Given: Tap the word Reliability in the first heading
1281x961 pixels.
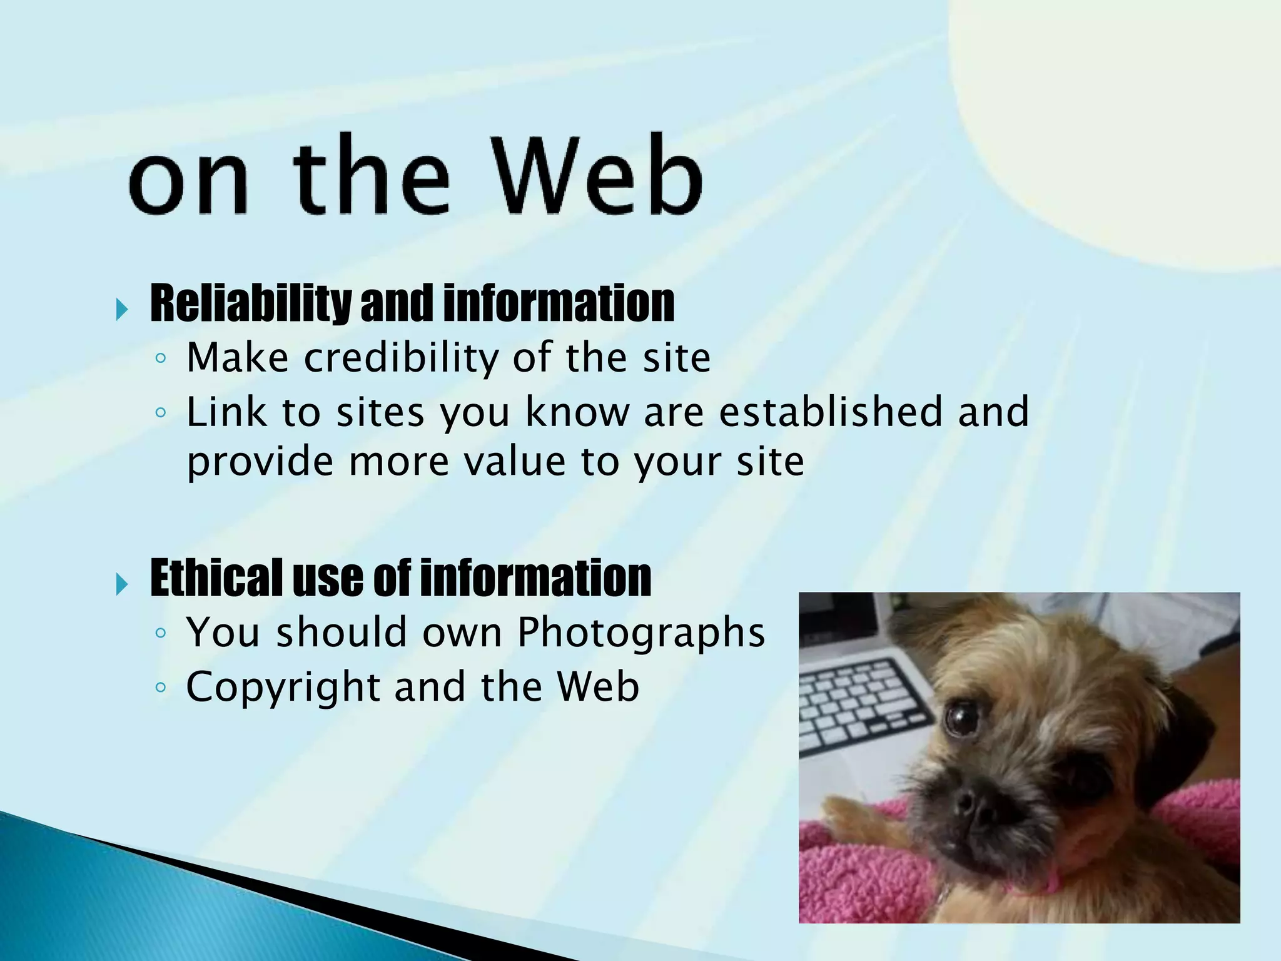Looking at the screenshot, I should [251, 304].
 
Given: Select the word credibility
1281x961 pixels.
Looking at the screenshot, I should [402, 358].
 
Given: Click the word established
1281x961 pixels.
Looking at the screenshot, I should [831, 412].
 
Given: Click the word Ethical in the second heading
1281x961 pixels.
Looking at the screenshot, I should [216, 578].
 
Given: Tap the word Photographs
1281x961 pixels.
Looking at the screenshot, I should [640, 632].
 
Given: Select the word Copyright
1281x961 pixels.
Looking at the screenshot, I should [283, 687].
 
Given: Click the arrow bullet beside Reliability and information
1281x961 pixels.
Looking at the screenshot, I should [122, 309].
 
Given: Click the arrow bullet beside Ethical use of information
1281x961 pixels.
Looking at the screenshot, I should [122, 584].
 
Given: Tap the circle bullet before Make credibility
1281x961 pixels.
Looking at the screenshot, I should [161, 359].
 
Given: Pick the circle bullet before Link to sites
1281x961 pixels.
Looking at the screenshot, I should [161, 413].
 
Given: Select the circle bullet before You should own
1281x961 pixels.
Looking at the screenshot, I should [161, 633].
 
